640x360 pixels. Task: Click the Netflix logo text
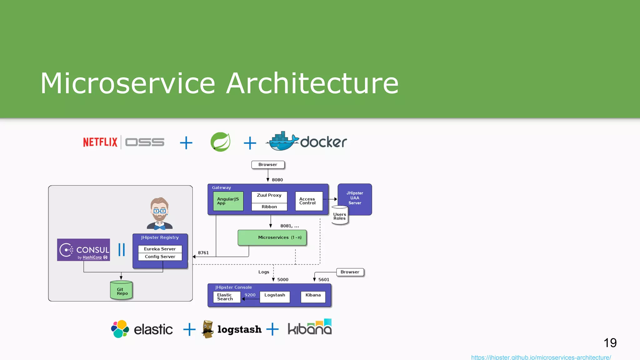click(x=100, y=142)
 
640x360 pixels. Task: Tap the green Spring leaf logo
click(x=220, y=142)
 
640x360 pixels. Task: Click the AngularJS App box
click(x=228, y=201)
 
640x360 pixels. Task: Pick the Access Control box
click(x=308, y=201)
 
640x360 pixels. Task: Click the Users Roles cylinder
click(x=340, y=216)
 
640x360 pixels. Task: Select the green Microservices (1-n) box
click(x=272, y=237)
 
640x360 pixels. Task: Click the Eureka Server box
click(x=160, y=249)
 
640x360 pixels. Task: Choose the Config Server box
click(x=160, y=257)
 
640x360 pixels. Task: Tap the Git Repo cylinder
click(x=121, y=291)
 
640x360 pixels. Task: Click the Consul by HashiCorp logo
click(x=83, y=250)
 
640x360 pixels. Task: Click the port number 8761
click(x=203, y=253)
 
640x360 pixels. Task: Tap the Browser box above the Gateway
click(x=268, y=165)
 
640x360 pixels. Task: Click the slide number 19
click(x=610, y=343)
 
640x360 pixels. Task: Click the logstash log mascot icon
click(x=207, y=329)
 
